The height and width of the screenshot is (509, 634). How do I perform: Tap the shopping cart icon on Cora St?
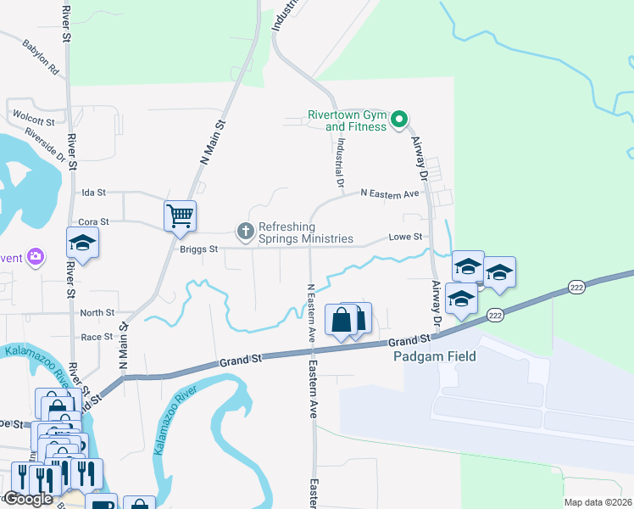(180, 216)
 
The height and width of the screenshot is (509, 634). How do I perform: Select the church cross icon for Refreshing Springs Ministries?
(245, 231)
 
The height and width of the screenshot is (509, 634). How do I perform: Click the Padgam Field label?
(435, 356)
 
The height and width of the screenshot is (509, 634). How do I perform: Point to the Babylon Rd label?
(40, 55)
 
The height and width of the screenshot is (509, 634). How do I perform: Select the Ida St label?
(92, 193)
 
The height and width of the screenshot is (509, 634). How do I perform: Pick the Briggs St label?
(198, 249)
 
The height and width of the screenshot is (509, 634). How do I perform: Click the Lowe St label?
(405, 238)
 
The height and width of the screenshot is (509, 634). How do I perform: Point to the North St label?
(97, 313)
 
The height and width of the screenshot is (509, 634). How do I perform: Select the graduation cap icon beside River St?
(83, 243)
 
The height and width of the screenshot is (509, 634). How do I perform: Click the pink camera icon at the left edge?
(35, 255)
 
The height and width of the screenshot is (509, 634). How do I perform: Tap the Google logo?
(28, 499)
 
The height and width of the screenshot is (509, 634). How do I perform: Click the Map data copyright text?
(597, 502)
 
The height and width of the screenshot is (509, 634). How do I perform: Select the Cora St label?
(94, 221)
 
